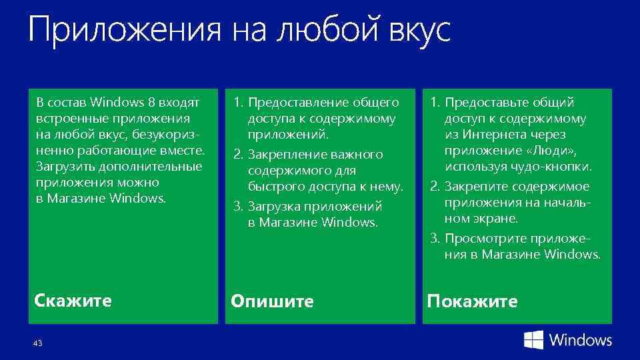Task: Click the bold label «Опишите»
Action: (272, 301)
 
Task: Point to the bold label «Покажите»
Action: (472, 301)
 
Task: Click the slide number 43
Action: (37, 343)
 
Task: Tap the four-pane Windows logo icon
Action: (533, 340)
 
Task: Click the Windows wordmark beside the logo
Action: (580, 340)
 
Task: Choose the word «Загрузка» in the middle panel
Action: (272, 206)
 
